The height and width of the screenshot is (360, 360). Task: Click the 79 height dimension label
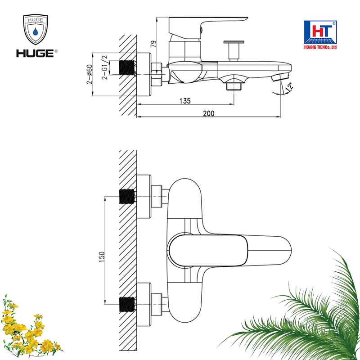pos(153,44)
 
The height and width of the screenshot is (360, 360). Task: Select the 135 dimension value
pos(185,101)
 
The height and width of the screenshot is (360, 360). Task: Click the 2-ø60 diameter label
pos(90,74)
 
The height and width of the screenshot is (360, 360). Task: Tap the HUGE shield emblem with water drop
pos(36,31)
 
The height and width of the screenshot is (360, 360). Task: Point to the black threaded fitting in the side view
pos(128,68)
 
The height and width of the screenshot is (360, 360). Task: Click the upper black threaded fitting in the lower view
pos(127,197)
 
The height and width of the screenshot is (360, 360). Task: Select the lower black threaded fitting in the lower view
pos(127,304)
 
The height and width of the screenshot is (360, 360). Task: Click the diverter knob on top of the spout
pos(234,47)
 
